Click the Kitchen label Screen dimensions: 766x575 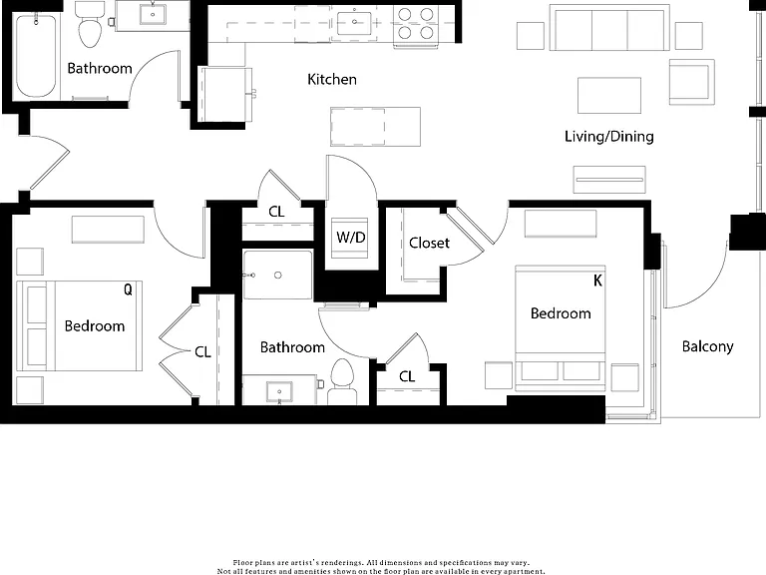click(332, 79)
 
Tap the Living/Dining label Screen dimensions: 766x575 click(609, 136)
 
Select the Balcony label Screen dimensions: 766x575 click(707, 346)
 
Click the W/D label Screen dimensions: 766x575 click(351, 238)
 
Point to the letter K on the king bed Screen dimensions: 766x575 click(597, 281)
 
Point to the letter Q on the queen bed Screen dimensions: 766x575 click(128, 289)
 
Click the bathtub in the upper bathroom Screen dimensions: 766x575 click(36, 56)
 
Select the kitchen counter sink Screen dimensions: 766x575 click(354, 22)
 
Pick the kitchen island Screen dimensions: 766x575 click(375, 127)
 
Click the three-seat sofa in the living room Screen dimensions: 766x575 click(609, 27)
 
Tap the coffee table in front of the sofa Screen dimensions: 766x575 click(609, 96)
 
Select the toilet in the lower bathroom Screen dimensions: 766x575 click(342, 381)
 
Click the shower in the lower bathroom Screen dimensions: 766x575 click(277, 275)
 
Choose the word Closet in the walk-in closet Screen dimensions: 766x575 click(429, 243)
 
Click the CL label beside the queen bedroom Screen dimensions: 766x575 click(202, 352)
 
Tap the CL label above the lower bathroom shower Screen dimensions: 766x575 click(276, 212)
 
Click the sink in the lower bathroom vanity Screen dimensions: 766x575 click(279, 391)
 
